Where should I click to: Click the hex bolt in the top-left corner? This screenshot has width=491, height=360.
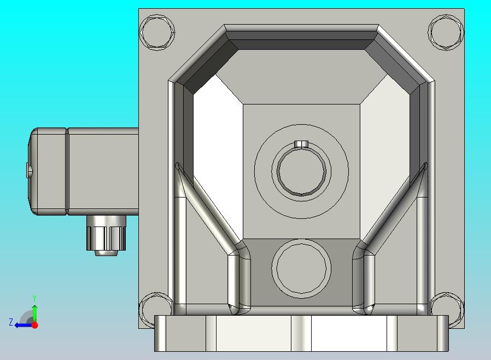(x=157, y=32)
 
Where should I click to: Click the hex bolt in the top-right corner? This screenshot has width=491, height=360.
(x=446, y=32)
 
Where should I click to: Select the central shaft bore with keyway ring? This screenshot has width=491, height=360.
(x=302, y=171)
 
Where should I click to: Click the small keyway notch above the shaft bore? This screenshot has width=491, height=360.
(x=301, y=144)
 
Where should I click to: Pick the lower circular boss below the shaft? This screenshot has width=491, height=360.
(x=301, y=269)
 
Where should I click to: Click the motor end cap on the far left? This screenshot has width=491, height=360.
(x=47, y=171)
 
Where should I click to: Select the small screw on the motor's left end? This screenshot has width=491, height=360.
(x=29, y=170)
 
